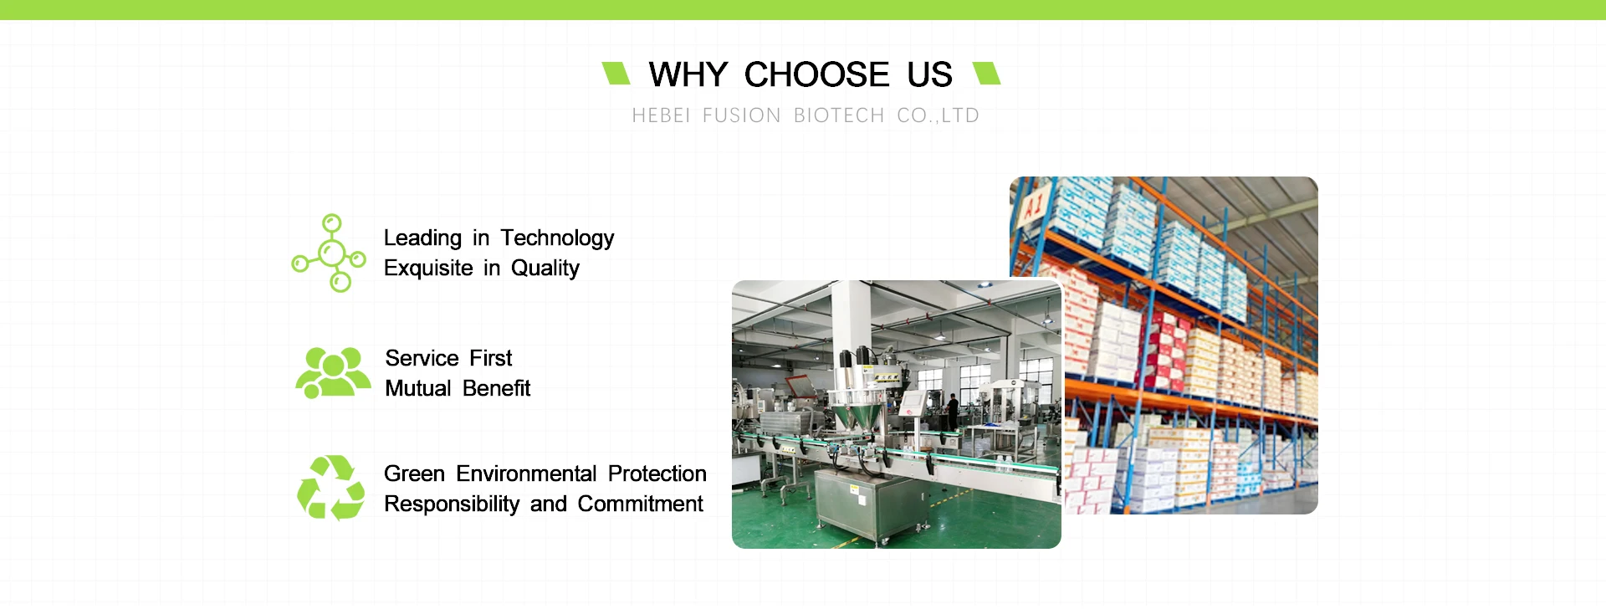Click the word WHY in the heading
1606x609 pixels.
click(x=688, y=74)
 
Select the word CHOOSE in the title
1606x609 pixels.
click(x=817, y=74)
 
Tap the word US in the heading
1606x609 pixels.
click(x=930, y=74)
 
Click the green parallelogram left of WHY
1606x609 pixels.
click(x=616, y=73)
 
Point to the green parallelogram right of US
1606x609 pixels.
click(x=987, y=73)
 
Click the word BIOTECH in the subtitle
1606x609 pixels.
click(x=839, y=115)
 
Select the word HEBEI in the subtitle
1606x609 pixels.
click(x=661, y=115)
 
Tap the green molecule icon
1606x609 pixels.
click(x=330, y=253)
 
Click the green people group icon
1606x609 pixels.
click(x=333, y=373)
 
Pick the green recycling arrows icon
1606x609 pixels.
click(x=331, y=488)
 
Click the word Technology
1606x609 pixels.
click(x=558, y=238)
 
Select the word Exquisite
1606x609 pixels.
click(x=428, y=268)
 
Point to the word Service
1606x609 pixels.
click(x=422, y=358)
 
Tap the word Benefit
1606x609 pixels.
click(x=497, y=388)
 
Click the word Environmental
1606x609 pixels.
click(x=527, y=473)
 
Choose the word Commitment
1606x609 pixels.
click(x=641, y=504)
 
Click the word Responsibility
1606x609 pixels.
click(x=452, y=504)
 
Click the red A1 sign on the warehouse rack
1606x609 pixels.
click(x=1034, y=203)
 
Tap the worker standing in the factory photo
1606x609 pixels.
click(x=952, y=410)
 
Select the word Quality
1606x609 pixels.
click(x=545, y=269)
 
